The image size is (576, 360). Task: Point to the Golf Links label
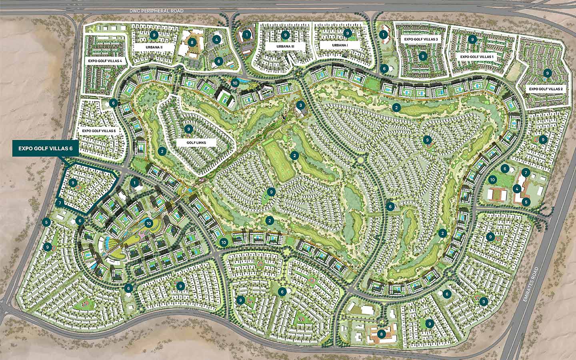tap(196, 142)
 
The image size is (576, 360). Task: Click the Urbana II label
tap(154, 47)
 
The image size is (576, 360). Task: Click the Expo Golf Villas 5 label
tap(99, 131)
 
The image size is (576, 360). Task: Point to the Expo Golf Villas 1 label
tap(477, 57)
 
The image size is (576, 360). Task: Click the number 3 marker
tap(301, 106)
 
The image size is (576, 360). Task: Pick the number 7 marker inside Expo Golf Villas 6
tap(59, 203)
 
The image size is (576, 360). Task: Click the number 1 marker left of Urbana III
tap(248, 35)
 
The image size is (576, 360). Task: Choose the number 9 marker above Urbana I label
tap(347, 33)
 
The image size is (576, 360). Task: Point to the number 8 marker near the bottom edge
tap(382, 334)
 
